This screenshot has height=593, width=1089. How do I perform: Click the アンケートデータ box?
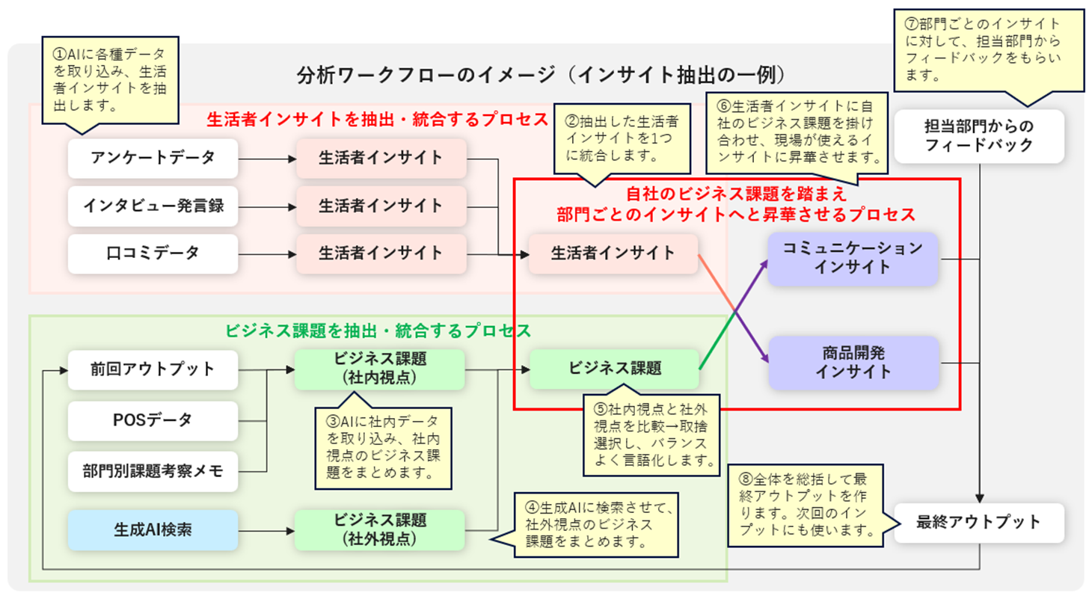pos(153,158)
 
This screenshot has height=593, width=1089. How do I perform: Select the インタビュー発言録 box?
pos(153,206)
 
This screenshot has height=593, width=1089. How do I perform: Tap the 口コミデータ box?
pos(153,254)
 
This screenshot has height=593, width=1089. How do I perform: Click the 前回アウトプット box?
pos(153,369)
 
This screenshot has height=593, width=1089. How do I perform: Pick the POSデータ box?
pos(153,420)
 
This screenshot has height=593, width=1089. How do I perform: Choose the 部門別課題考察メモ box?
pos(153,471)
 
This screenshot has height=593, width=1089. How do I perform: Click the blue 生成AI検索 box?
pos(153,529)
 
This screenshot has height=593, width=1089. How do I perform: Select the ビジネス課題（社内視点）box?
pos(380,369)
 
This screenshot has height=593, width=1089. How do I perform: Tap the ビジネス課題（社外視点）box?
pos(380,529)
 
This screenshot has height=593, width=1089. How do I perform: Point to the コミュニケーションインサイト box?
pos(853,258)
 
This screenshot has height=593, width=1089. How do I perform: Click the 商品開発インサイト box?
pos(853,362)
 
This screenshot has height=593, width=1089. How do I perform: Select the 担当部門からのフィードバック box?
pos(978,136)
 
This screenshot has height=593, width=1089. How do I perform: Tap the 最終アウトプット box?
pos(978,522)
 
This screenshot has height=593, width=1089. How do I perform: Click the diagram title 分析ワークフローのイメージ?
pos(539,76)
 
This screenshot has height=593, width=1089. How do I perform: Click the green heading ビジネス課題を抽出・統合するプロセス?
pos(378,331)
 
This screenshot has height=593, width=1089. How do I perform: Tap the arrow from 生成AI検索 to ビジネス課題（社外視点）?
pos(266,530)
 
